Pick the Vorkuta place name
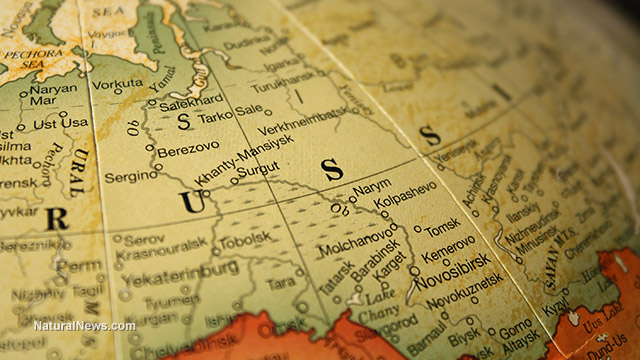(117, 84)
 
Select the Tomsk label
(442, 228)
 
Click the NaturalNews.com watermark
(84, 326)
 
